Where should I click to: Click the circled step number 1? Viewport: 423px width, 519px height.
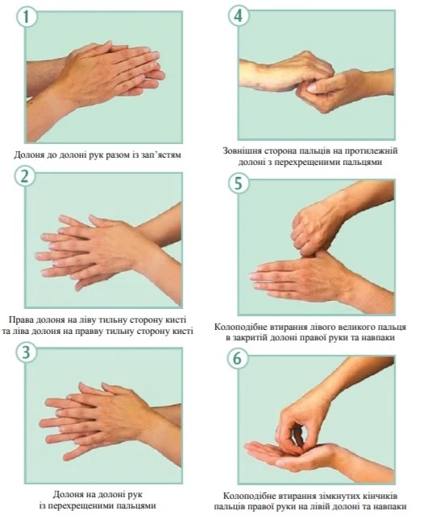(27, 17)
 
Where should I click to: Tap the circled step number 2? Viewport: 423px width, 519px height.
(25, 177)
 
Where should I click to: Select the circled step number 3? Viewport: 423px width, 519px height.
(27, 352)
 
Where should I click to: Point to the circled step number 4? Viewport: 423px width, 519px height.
(238, 15)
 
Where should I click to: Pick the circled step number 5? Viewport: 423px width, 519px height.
(238, 183)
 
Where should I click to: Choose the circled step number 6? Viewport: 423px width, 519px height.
(238, 359)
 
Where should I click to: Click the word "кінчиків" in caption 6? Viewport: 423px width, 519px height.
(381, 496)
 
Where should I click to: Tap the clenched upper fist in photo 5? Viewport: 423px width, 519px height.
(314, 229)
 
